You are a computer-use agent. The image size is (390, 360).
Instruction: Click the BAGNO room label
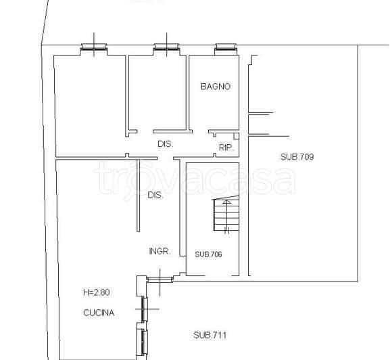pyautogui.click(x=216, y=87)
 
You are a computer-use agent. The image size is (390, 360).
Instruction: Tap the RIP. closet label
pyautogui.click(x=226, y=148)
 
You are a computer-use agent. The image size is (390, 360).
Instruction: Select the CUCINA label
pyautogui.click(x=99, y=313)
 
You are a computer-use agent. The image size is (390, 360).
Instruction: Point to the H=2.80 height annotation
pyautogui.click(x=97, y=292)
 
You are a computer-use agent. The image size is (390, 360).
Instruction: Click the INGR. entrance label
pyautogui.click(x=160, y=251)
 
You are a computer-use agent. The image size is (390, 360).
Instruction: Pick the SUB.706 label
pyautogui.click(x=208, y=254)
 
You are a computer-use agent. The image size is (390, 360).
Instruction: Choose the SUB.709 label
pyautogui.click(x=297, y=157)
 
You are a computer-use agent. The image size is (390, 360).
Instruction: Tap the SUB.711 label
pyautogui.click(x=210, y=335)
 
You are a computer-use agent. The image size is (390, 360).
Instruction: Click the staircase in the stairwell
pyautogui.click(x=226, y=214)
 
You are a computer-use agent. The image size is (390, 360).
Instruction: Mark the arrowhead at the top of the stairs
pyautogui.click(x=226, y=202)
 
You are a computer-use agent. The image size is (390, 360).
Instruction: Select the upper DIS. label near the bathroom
pyautogui.click(x=166, y=144)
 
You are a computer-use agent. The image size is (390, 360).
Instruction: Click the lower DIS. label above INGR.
pyautogui.click(x=155, y=195)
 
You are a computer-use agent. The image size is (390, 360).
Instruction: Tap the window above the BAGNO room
pyautogui.click(x=226, y=47)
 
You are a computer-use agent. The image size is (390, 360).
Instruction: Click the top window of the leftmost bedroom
pyautogui.click(x=94, y=47)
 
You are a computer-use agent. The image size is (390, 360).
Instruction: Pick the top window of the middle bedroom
pyautogui.click(x=166, y=47)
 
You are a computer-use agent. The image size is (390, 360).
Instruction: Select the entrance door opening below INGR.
pyautogui.click(x=160, y=279)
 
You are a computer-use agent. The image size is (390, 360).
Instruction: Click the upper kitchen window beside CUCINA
pyautogui.click(x=144, y=309)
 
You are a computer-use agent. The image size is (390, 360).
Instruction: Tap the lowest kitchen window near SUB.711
pyautogui.click(x=144, y=342)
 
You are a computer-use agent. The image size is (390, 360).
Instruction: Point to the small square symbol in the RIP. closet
pyautogui.click(x=237, y=136)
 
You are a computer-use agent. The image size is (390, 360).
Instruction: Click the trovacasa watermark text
pyautogui.click(x=195, y=178)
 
